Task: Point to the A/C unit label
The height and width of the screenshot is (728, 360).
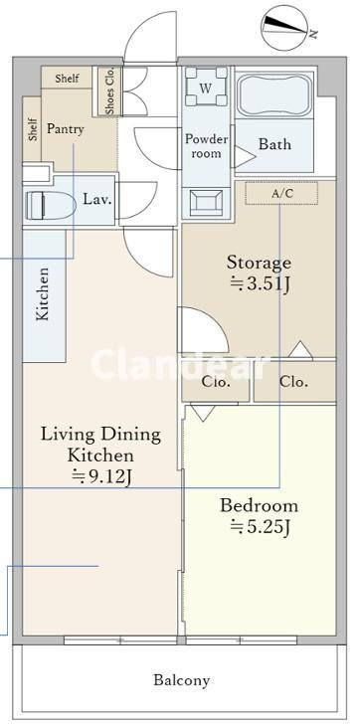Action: (x=282, y=194)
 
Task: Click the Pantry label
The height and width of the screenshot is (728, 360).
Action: (x=65, y=129)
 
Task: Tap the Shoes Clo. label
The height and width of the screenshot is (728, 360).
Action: (x=110, y=91)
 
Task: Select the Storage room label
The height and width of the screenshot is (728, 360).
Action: (x=260, y=264)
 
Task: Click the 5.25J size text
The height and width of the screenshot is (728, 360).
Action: (x=262, y=527)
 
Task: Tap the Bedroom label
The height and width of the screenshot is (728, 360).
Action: (x=260, y=505)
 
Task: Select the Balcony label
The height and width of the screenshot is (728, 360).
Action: (x=182, y=681)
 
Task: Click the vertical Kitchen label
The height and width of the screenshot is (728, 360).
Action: (x=43, y=293)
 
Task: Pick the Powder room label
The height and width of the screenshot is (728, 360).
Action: (x=207, y=146)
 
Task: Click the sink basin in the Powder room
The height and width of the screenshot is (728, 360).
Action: (x=206, y=203)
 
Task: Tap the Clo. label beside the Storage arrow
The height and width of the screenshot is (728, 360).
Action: (x=294, y=382)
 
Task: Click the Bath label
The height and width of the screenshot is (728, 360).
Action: (x=275, y=144)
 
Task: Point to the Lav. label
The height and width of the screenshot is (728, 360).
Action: (x=97, y=200)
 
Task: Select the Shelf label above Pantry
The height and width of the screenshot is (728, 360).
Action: (x=67, y=78)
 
